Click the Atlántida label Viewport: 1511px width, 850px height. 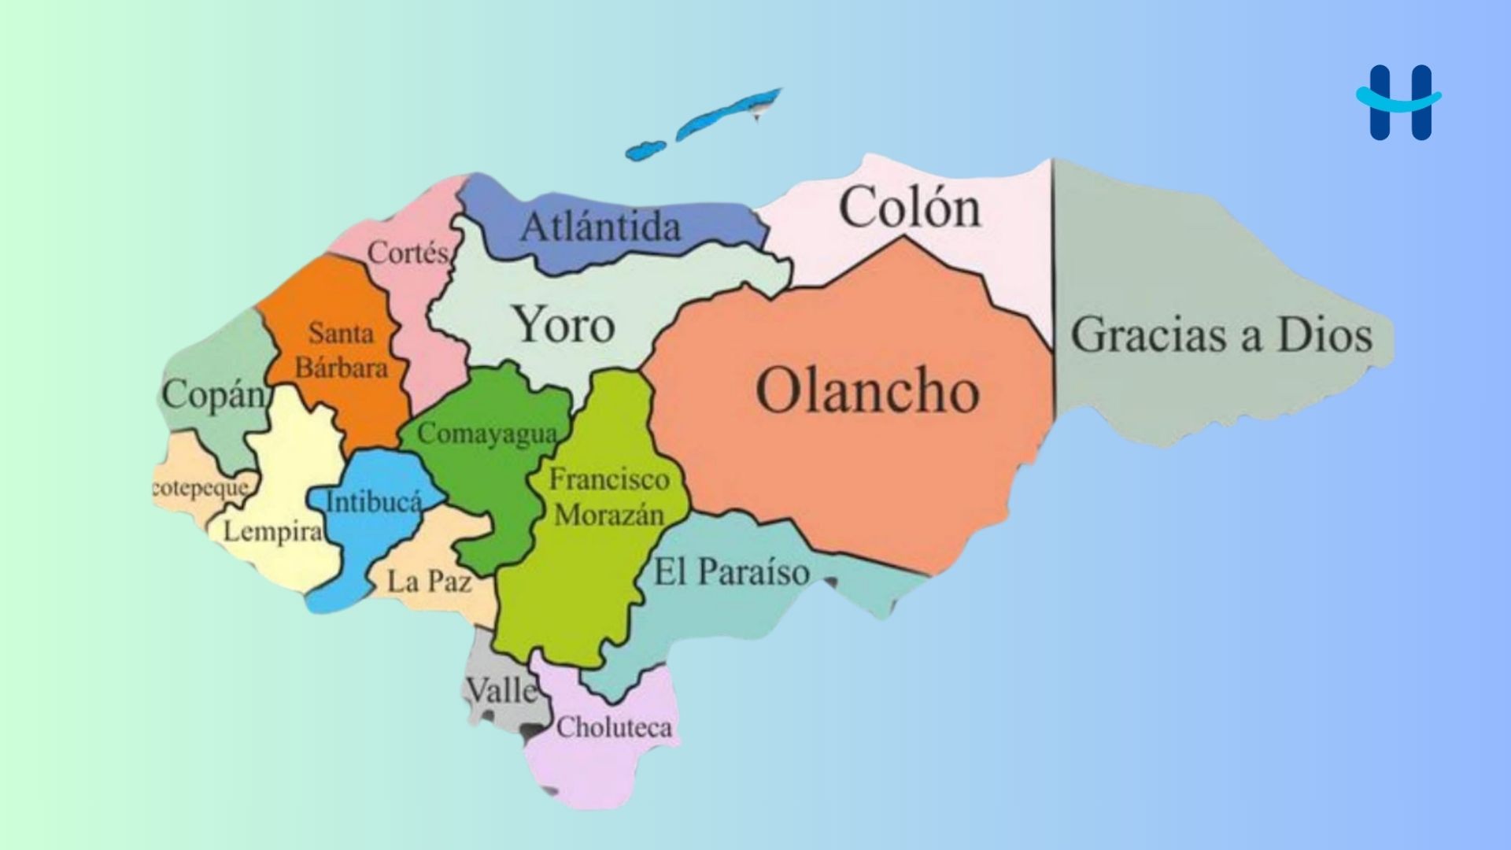click(600, 227)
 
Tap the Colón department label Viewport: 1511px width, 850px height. click(910, 208)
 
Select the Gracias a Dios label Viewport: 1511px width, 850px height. click(1221, 335)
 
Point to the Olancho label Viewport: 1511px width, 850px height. click(867, 391)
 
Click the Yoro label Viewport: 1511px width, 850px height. click(563, 325)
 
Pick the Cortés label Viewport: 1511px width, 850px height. click(408, 253)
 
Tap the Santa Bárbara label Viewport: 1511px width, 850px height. click(342, 350)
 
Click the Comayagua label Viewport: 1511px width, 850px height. click(487, 434)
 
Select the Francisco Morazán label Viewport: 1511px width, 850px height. click(608, 497)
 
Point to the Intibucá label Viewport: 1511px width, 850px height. click(374, 501)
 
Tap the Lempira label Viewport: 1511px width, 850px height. click(272, 531)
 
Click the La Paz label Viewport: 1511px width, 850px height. click(430, 582)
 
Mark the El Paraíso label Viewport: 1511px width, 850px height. click(732, 572)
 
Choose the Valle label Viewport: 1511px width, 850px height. click(502, 691)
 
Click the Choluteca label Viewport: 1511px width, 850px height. click(614, 727)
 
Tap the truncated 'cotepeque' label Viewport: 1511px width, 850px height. click(201, 488)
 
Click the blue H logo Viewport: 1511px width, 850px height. click(1399, 102)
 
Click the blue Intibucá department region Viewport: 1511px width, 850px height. click(378, 472)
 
